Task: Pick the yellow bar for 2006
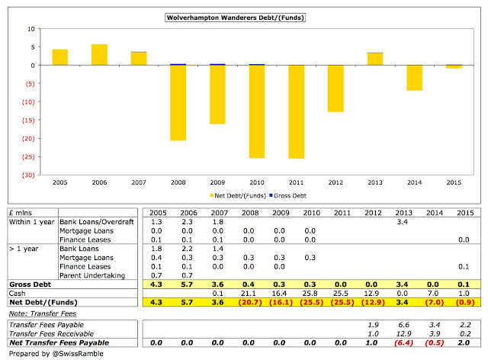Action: [x=99, y=55]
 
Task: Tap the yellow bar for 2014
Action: [x=415, y=78]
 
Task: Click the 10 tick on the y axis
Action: [x=31, y=28]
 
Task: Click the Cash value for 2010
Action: [x=311, y=292]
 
